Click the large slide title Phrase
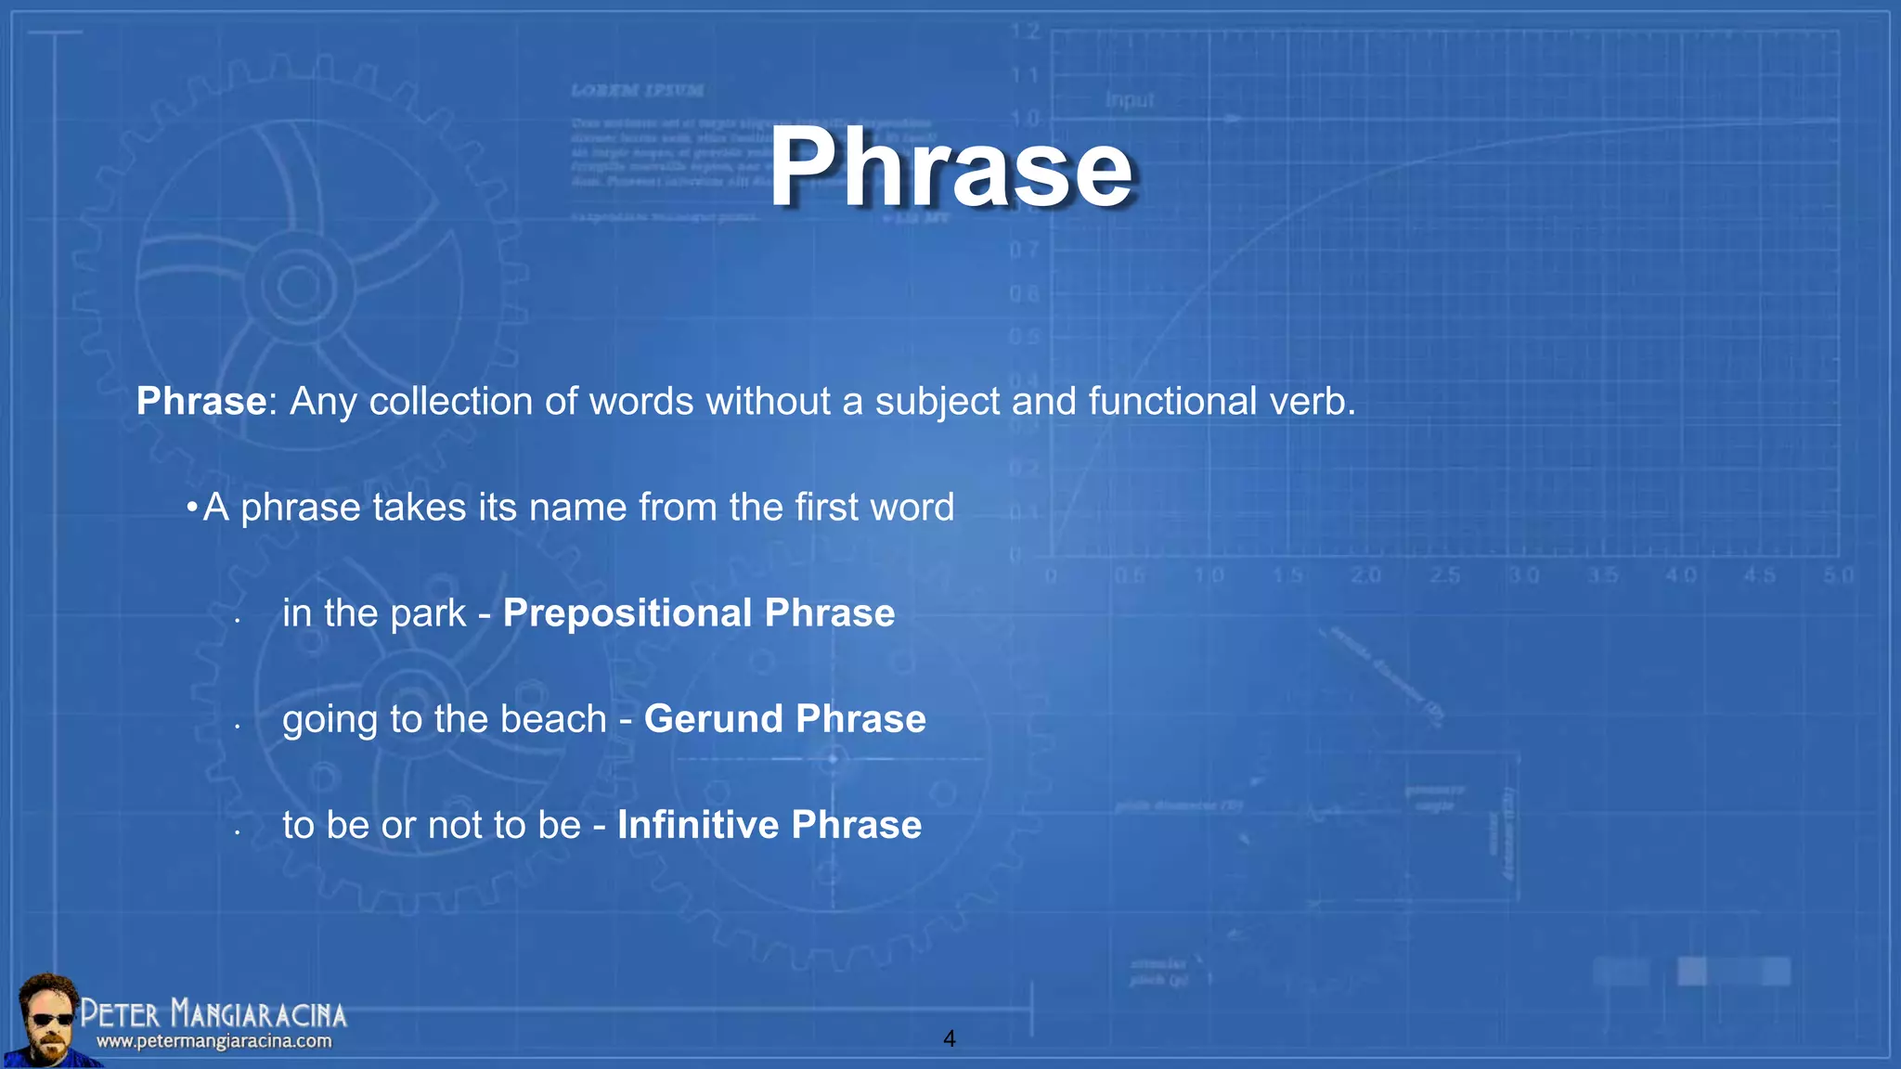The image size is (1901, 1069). (x=950, y=169)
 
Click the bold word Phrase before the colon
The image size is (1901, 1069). (x=201, y=402)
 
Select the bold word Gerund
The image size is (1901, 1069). (x=714, y=719)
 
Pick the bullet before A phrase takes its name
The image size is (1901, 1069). (x=191, y=508)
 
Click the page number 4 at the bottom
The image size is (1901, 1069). (x=949, y=1038)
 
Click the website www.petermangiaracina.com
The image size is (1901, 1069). (x=213, y=1041)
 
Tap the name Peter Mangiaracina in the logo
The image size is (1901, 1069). (x=213, y=1013)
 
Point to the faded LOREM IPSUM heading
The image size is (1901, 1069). (x=637, y=91)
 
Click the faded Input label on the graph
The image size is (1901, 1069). (x=1129, y=100)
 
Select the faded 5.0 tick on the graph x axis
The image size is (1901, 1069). (x=1838, y=575)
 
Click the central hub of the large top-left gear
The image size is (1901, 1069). (x=299, y=286)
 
